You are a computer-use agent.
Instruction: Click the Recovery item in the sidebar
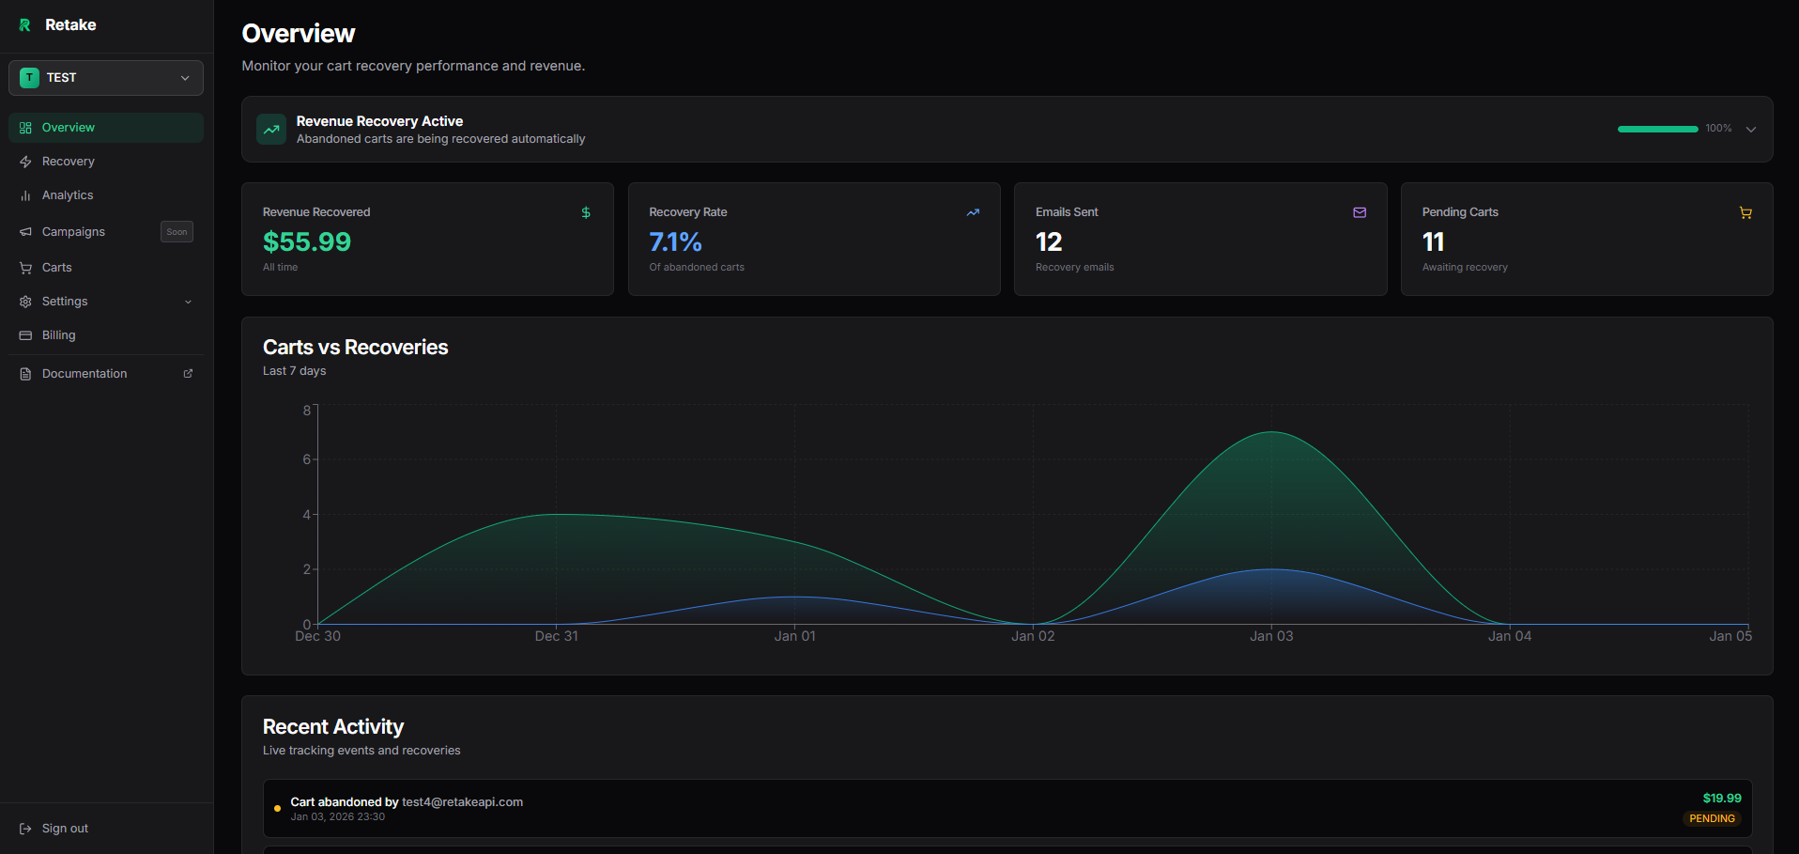click(68, 162)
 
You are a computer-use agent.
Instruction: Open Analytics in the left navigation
click(68, 195)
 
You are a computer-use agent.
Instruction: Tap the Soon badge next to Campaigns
click(177, 232)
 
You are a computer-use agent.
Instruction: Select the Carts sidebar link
click(56, 268)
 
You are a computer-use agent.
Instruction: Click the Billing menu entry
click(58, 335)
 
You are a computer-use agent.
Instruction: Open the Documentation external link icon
click(188, 374)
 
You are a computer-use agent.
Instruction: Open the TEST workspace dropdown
click(106, 78)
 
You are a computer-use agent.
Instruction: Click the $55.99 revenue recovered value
click(307, 242)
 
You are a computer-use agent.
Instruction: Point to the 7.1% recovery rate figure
click(675, 242)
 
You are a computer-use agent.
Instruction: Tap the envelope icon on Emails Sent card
click(1359, 213)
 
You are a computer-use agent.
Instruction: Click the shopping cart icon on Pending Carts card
click(1745, 213)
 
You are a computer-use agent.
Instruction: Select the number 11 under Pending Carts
click(1433, 242)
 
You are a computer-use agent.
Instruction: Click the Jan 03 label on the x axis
click(1271, 636)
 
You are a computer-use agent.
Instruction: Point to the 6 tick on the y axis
click(306, 459)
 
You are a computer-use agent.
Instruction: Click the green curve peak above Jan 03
click(1271, 432)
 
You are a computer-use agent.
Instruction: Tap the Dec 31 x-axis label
click(557, 636)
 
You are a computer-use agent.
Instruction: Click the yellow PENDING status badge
click(1712, 818)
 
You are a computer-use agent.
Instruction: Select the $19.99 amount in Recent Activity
click(1722, 799)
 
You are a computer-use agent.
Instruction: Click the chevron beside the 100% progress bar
click(1751, 130)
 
